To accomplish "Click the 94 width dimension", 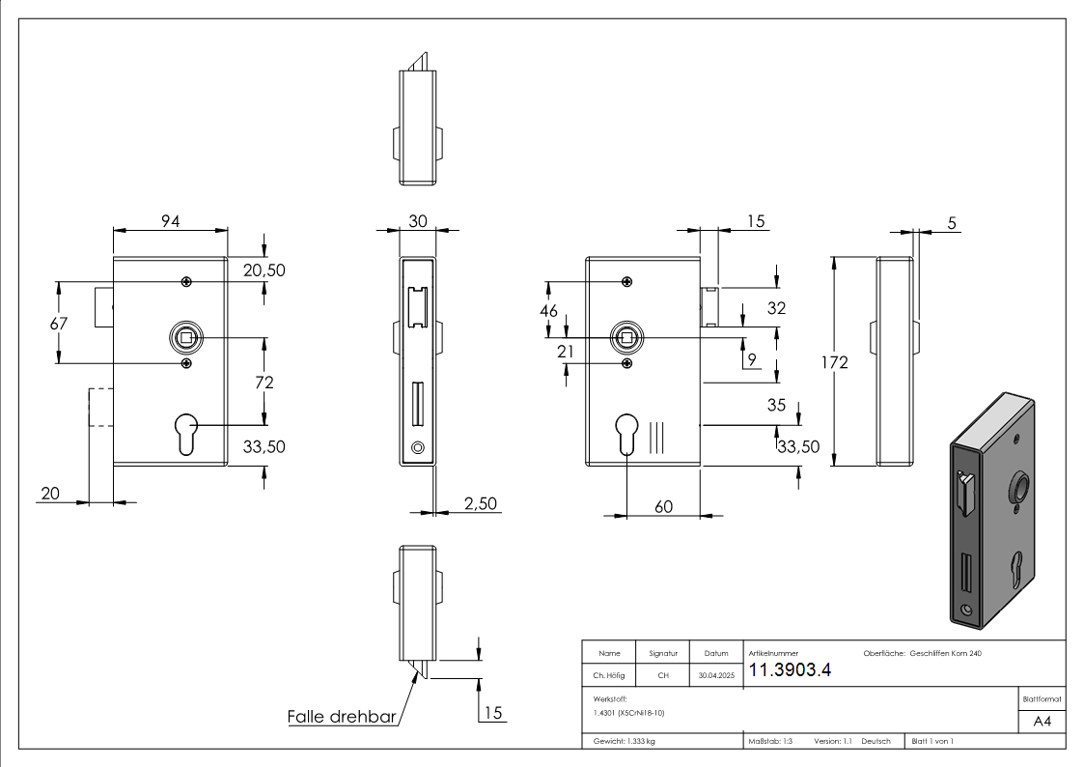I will tap(171, 222).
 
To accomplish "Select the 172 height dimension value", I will tap(836, 362).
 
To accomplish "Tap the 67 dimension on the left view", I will tap(59, 324).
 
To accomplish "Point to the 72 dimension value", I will tap(264, 383).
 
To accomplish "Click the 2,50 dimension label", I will tap(481, 503).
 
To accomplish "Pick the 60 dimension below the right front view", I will tap(663, 506).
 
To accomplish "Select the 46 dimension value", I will tap(548, 311).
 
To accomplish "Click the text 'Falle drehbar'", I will tap(342, 718).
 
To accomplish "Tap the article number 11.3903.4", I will tap(790, 671).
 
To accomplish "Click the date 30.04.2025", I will tap(716, 676).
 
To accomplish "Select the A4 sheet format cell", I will tap(1042, 722).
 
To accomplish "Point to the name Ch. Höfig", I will tap(609, 676).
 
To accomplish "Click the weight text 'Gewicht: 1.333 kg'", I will tap(625, 742).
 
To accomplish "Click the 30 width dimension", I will tap(418, 221).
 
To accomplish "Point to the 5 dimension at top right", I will tap(952, 223).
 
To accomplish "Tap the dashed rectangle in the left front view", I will tap(101, 406).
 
